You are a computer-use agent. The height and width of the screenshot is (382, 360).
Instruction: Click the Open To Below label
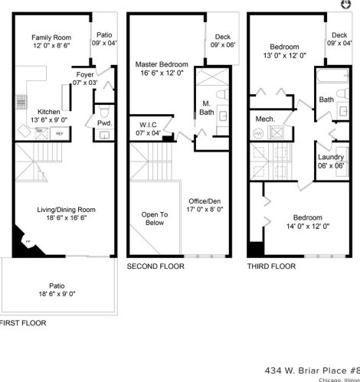tap(154, 220)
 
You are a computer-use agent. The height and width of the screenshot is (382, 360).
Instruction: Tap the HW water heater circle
tap(258, 133)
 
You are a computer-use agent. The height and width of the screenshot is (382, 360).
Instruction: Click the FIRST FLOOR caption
tap(23, 323)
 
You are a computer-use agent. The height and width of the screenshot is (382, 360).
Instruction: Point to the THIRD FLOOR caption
tap(270, 266)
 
